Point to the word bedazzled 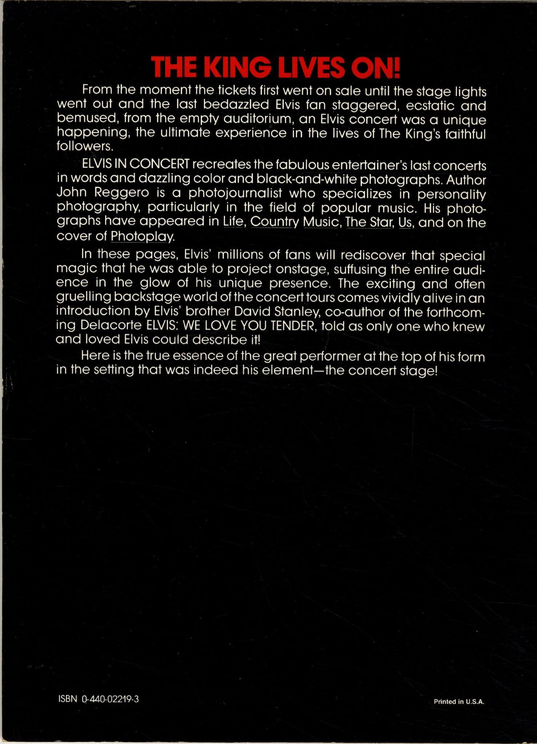pos(236,105)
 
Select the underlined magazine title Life pos(233,222)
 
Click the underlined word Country pos(274,222)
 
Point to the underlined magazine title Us pos(405,222)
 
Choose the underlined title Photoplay pos(141,236)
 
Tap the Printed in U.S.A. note pos(459,702)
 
